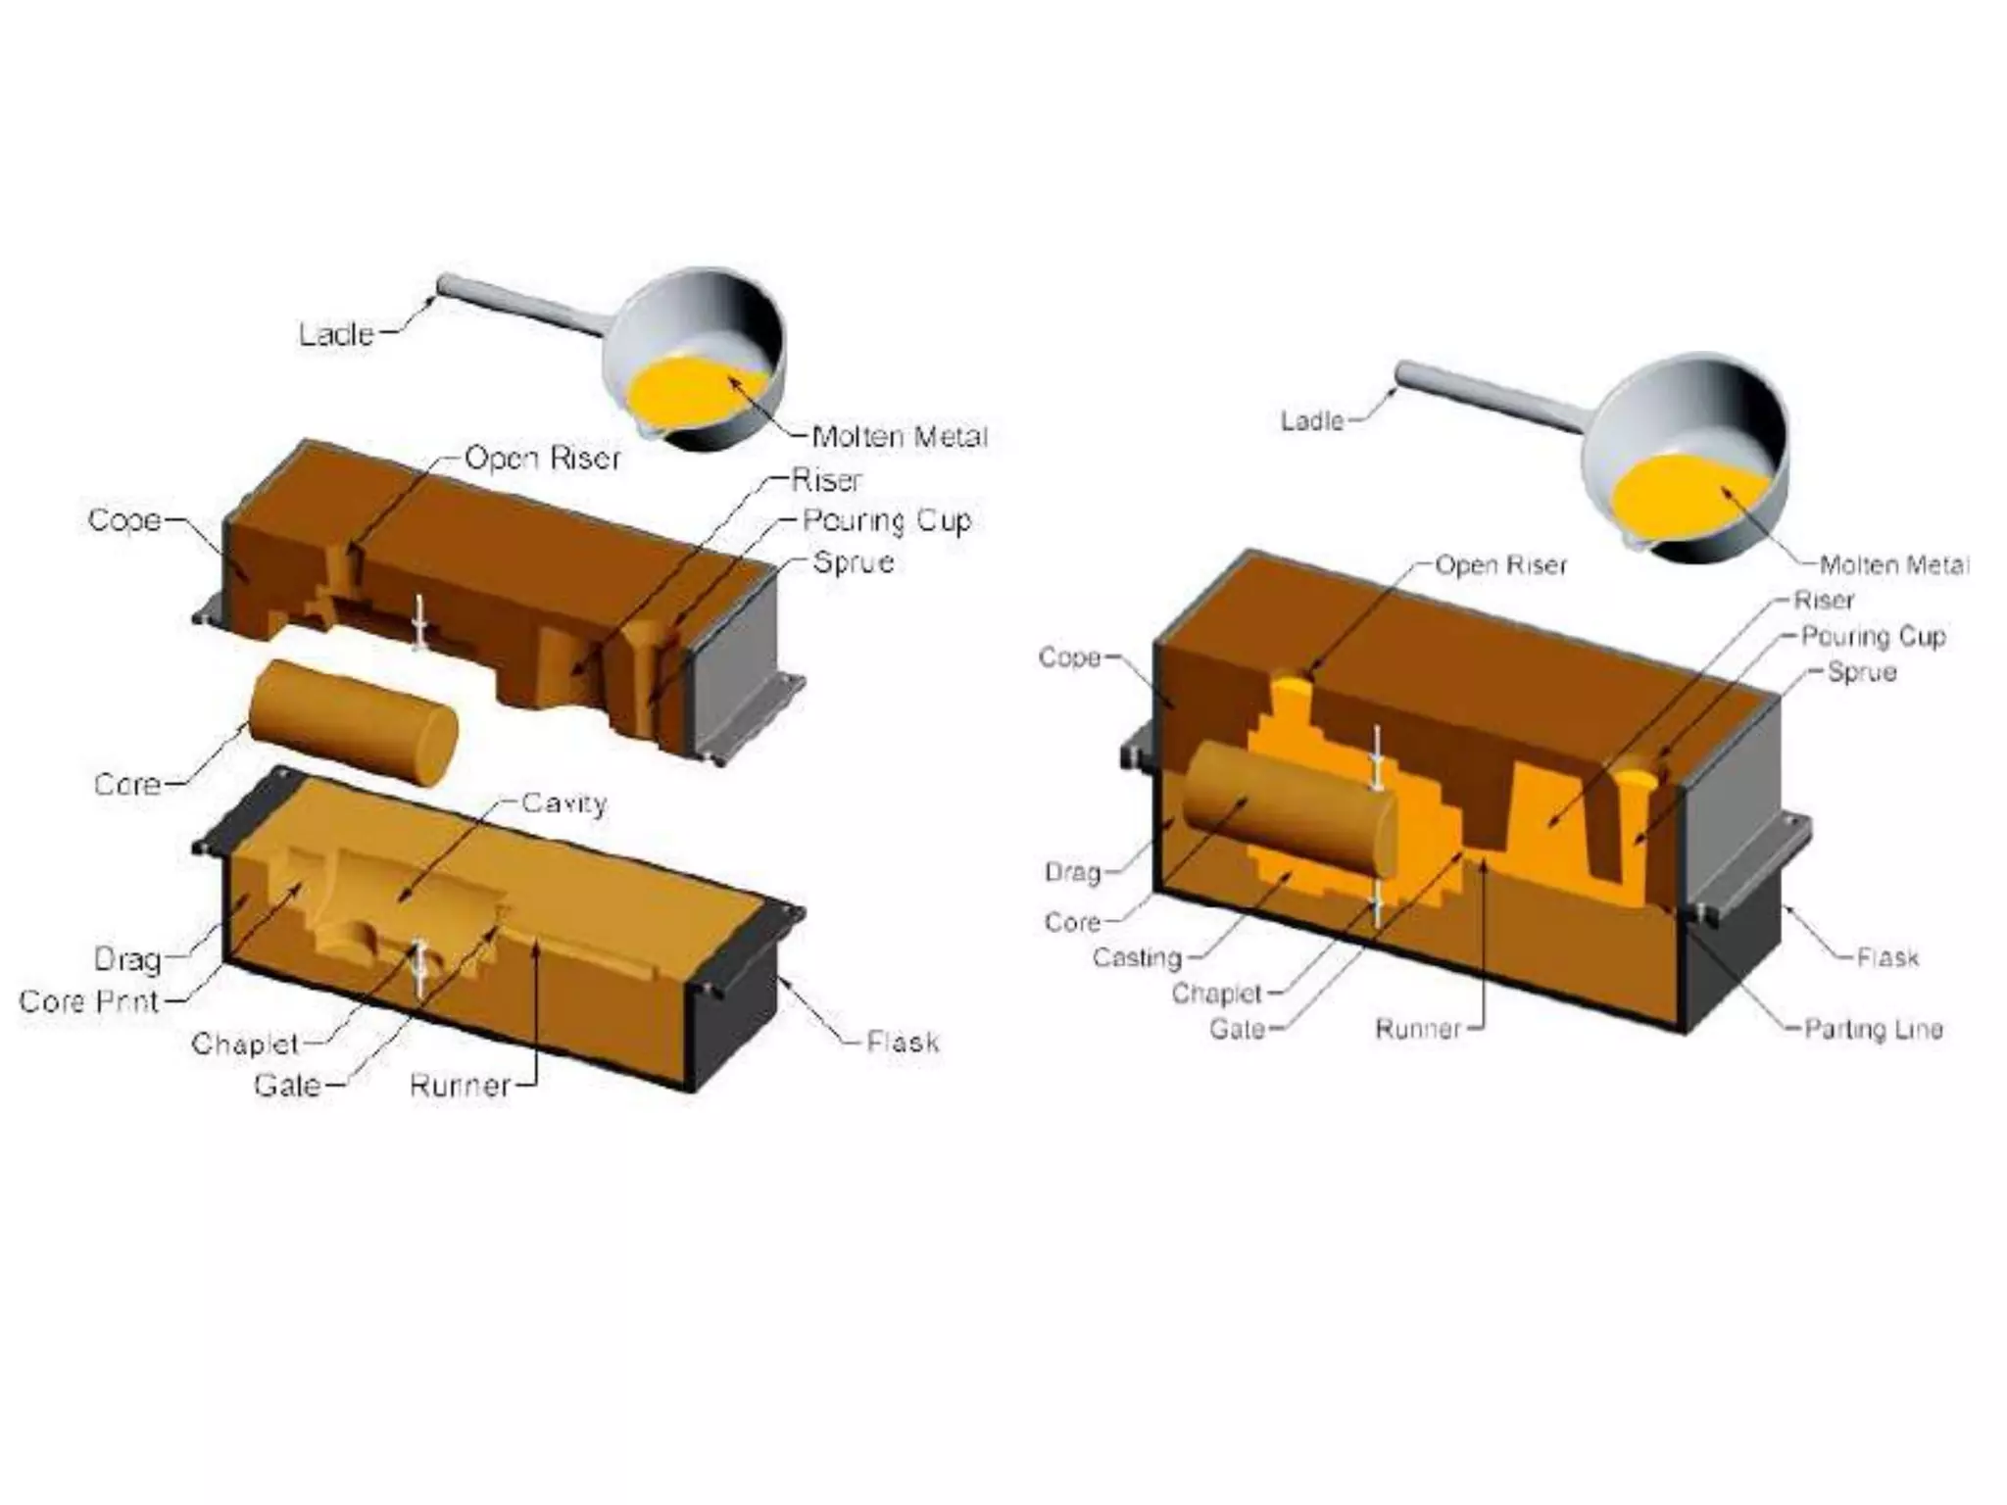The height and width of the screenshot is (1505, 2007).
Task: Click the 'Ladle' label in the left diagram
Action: [336, 334]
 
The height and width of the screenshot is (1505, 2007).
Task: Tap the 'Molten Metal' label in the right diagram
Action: [1893, 564]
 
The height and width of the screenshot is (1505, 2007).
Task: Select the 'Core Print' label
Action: [89, 1001]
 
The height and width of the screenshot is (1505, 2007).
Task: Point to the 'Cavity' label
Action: [564, 803]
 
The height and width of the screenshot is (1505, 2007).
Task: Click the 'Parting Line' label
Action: [1874, 1029]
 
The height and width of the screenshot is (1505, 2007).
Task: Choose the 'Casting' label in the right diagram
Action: [1137, 957]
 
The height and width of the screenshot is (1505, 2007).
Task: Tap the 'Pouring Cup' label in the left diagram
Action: [886, 520]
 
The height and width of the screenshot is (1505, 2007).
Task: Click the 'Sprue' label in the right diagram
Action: [1862, 672]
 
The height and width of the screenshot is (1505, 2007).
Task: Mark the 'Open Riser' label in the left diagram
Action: [542, 458]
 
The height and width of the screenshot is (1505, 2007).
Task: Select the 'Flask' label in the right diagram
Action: [1887, 957]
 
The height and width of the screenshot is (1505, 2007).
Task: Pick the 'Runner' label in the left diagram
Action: [460, 1085]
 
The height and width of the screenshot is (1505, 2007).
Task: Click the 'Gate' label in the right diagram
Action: [1237, 1029]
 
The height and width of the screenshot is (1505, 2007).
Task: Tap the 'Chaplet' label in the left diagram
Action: [244, 1044]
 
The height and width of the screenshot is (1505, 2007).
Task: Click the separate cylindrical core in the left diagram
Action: [354, 723]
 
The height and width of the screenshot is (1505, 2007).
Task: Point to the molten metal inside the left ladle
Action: [686, 392]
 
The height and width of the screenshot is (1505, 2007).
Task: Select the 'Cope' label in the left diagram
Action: [124, 519]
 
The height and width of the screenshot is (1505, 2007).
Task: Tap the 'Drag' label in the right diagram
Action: [1072, 872]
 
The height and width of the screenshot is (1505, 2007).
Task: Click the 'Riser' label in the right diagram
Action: [1824, 600]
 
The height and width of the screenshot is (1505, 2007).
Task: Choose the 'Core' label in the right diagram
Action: [1072, 922]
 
